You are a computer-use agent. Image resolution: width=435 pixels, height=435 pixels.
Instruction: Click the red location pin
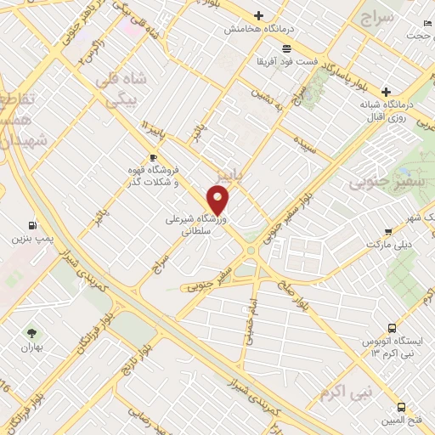[x=218, y=201]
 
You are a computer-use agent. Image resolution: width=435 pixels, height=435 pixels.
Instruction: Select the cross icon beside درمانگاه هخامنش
[x=259, y=15]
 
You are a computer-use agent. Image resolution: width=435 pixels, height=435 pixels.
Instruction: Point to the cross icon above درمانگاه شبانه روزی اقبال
[x=386, y=92]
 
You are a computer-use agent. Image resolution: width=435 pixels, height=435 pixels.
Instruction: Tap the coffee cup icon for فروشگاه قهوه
[x=153, y=157]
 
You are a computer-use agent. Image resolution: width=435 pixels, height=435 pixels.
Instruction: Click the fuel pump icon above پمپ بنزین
[x=33, y=225]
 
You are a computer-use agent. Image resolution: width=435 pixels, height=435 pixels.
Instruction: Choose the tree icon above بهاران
[x=32, y=333]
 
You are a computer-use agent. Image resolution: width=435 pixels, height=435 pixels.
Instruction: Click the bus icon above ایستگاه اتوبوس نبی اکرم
[x=391, y=327]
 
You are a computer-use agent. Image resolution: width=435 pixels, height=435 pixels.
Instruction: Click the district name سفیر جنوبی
[x=380, y=182]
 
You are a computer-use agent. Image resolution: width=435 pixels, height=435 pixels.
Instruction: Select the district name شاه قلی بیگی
[x=123, y=90]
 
